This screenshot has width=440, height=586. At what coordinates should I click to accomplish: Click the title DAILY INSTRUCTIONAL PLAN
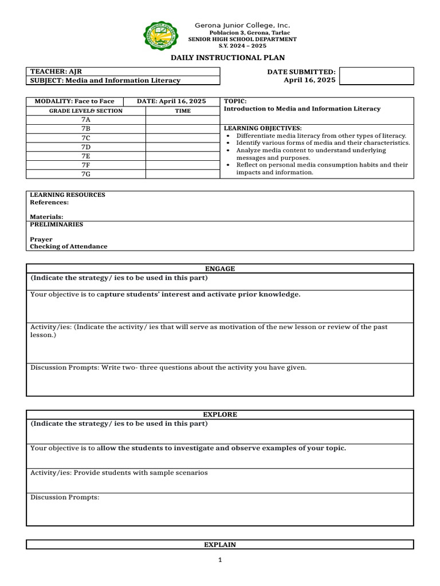coord(227,58)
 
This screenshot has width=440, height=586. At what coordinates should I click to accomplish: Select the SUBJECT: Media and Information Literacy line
coord(105,81)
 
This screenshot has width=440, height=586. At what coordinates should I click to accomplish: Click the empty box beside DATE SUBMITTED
coord(376,76)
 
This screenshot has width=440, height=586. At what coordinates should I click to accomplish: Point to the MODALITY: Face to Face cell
coord(74,101)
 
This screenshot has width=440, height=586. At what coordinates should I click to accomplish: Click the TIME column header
coord(183,110)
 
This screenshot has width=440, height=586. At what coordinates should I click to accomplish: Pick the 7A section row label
coord(86,120)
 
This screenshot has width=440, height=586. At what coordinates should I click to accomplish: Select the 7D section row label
coord(86,146)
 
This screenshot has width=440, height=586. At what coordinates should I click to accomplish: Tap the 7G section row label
coord(86,173)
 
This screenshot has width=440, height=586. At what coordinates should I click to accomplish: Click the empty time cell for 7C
coord(183,138)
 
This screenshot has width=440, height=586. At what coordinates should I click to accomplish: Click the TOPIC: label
coord(235,101)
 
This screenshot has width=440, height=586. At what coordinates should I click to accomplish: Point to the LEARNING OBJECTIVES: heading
coord(262,128)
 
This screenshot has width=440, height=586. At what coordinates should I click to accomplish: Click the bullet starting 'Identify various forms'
coord(323,142)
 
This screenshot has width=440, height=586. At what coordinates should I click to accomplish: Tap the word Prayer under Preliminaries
coord(41,239)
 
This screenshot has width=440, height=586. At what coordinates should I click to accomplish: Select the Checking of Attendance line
coord(68,247)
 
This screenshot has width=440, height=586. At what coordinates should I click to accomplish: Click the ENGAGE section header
coord(219,268)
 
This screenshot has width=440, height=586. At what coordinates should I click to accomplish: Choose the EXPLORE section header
coord(219,414)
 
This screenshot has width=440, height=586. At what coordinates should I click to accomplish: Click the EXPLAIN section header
coord(219,545)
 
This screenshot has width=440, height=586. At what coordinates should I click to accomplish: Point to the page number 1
coord(219,560)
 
